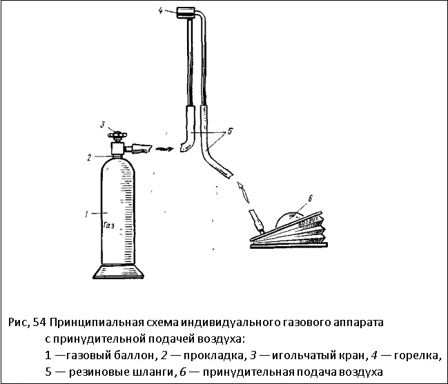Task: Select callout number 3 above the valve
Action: click(x=101, y=125)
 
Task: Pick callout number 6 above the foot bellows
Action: click(x=310, y=199)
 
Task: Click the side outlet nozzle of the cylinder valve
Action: click(x=139, y=147)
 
